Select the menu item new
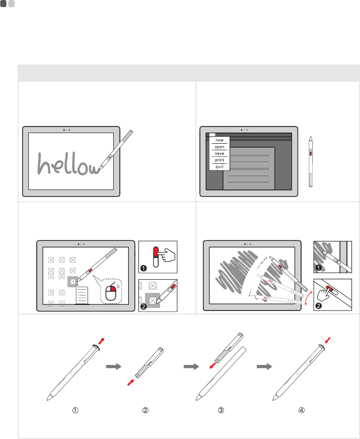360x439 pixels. tap(220, 140)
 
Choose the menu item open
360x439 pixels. tap(220, 147)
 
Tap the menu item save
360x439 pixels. tap(220, 153)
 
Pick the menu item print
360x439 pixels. tap(220, 160)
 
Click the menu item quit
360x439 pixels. tap(220, 167)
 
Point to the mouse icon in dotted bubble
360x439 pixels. tap(111, 292)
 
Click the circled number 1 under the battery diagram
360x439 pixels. tap(75, 410)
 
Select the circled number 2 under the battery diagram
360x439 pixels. tap(146, 410)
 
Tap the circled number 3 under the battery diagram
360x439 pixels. tap(221, 410)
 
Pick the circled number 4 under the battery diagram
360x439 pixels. tap(302, 410)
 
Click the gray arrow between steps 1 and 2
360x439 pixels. tap(114, 366)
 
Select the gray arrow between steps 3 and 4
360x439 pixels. tap(265, 366)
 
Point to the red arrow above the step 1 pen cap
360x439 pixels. tap(101, 341)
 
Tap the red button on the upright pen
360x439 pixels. tap(311, 152)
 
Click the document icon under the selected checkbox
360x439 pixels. tap(82, 295)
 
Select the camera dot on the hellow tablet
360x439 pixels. tap(64, 130)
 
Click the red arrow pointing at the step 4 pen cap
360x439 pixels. tap(328, 340)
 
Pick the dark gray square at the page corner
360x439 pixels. tap(4, 4)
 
